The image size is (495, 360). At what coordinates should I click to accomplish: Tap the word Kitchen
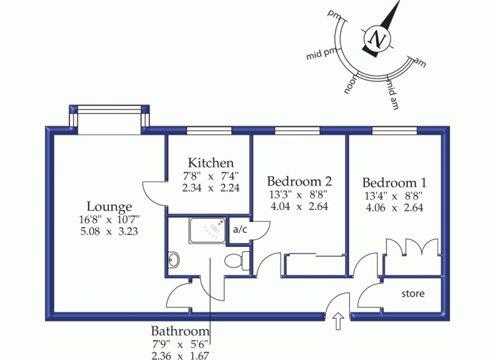211,162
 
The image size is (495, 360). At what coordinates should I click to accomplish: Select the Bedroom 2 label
298,181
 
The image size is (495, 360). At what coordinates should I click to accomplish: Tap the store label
412,294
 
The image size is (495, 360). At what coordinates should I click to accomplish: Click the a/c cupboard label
240,229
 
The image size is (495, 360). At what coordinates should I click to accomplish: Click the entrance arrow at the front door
339,323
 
